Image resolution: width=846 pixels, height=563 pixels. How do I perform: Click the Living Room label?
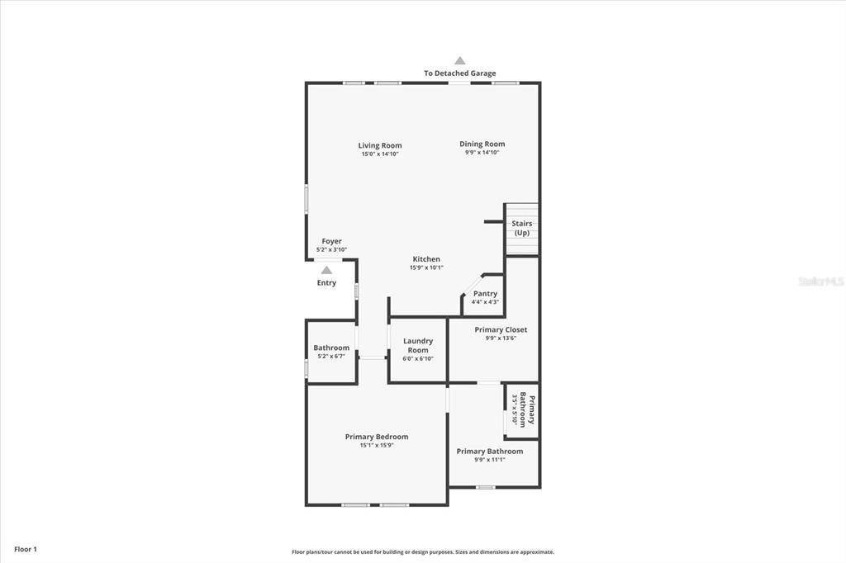click(380, 145)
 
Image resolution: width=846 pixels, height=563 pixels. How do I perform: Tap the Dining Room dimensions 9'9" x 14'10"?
click(482, 153)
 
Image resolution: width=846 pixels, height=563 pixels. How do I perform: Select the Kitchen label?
click(426, 259)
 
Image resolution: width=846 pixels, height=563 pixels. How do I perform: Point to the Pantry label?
click(485, 293)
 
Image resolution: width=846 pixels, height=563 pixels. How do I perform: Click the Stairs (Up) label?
click(522, 228)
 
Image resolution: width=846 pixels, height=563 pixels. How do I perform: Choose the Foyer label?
click(331, 241)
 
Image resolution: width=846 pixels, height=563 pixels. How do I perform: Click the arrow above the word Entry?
click(326, 270)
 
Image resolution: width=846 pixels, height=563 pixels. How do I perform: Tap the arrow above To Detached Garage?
click(459, 60)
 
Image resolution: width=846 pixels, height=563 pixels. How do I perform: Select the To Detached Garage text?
click(459, 73)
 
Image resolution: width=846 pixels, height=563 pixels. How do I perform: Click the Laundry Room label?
click(417, 345)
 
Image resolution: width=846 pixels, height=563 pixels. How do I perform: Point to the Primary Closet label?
click(501, 329)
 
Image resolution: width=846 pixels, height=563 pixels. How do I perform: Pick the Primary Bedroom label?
click(377, 436)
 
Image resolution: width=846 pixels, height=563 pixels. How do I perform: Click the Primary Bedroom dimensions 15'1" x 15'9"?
click(377, 446)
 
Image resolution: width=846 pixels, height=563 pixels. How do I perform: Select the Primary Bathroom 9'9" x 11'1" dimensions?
click(489, 460)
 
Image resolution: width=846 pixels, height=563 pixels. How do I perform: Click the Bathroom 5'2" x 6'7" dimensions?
click(331, 357)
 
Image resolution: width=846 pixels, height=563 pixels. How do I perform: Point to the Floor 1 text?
click(26, 549)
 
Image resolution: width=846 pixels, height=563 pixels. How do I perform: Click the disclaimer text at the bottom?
click(423, 551)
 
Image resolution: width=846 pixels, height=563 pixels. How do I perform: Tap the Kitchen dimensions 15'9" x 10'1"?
click(426, 267)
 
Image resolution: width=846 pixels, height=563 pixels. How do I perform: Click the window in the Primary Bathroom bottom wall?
click(485, 488)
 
